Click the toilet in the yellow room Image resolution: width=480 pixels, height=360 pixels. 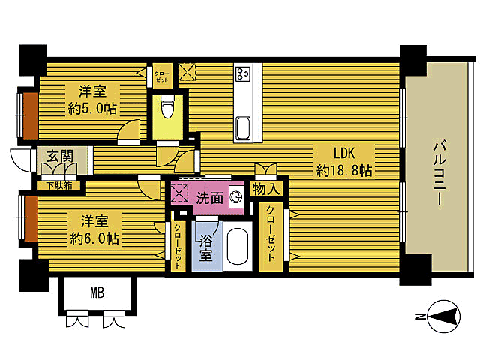[x=167, y=107]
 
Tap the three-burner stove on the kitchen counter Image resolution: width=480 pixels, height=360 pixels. [x=243, y=74]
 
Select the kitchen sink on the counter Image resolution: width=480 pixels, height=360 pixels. [x=243, y=127]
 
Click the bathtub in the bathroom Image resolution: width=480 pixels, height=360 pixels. [x=238, y=247]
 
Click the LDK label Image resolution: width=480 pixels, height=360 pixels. [x=343, y=153]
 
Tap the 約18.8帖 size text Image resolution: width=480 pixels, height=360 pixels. [x=344, y=171]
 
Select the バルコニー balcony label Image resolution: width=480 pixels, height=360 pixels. [x=439, y=172]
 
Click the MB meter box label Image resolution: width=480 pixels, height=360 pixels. [x=97, y=293]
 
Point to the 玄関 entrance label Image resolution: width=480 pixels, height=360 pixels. [x=60, y=156]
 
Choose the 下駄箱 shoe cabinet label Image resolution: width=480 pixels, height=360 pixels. [x=59, y=185]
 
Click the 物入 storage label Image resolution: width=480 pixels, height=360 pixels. [x=266, y=190]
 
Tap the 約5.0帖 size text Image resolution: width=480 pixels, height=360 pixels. [x=92, y=109]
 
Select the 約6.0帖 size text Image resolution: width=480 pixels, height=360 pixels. [x=94, y=238]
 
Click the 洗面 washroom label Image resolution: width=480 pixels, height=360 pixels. [x=210, y=199]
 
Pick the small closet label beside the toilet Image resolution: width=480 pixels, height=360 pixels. [x=161, y=76]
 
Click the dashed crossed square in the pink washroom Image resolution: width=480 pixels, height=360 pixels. [x=179, y=193]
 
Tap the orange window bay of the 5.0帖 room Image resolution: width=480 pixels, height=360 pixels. [x=31, y=115]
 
